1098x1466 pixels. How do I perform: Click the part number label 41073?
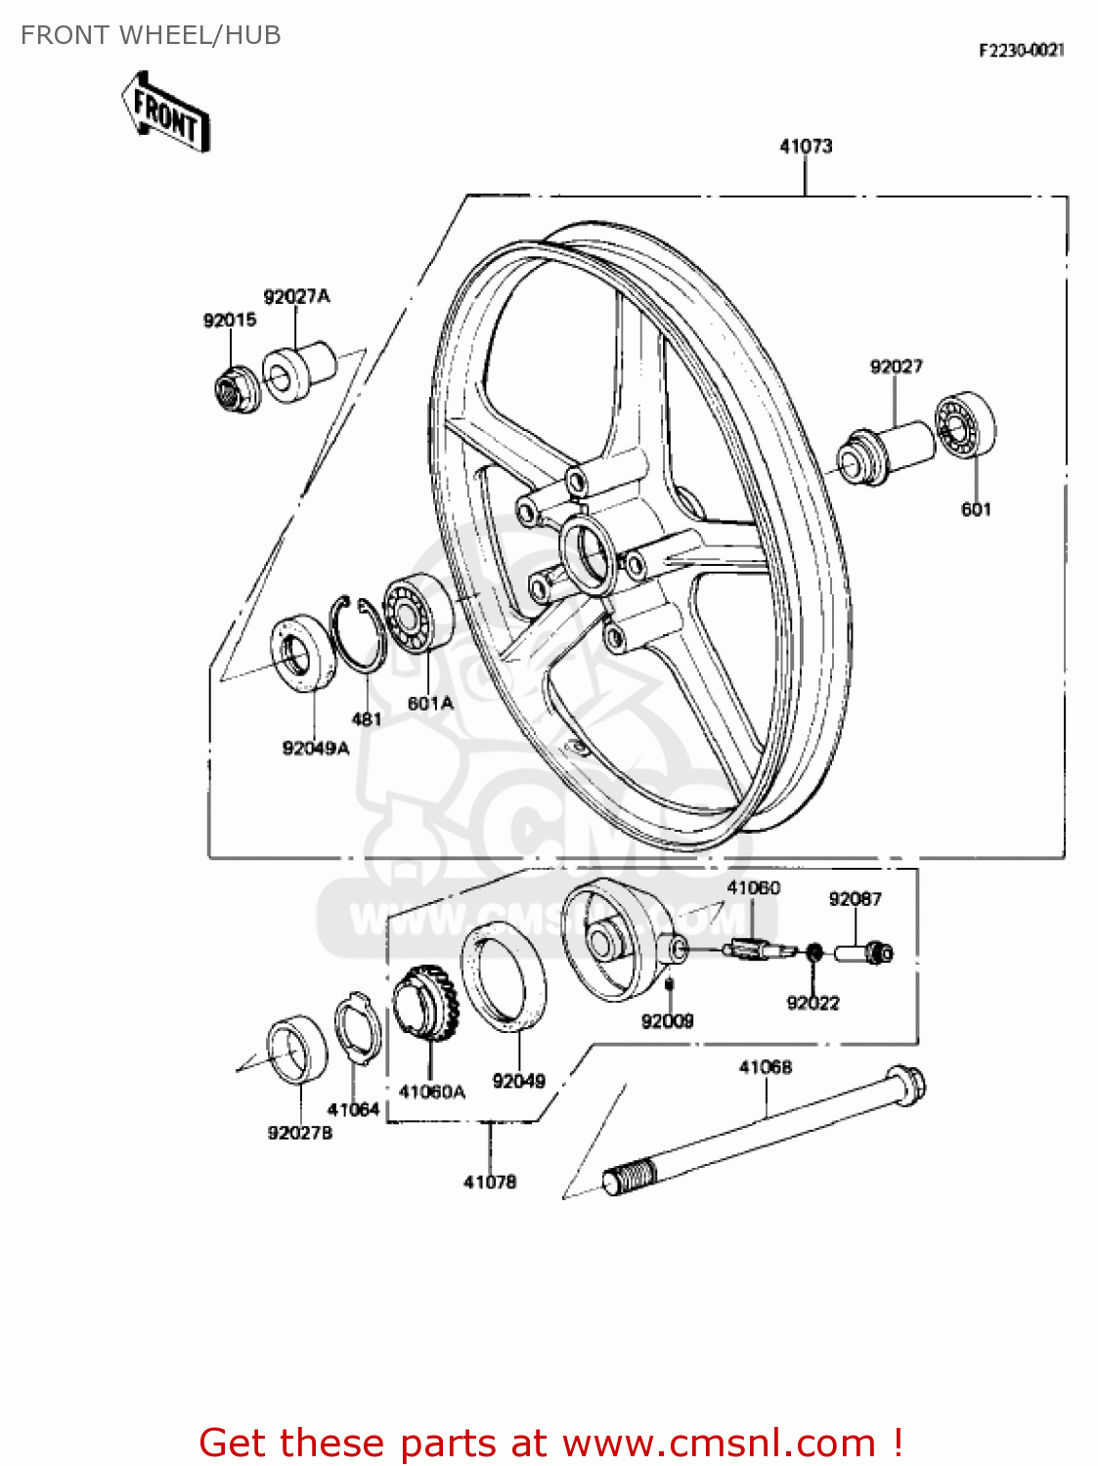click(806, 147)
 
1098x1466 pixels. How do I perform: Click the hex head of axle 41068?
click(905, 1086)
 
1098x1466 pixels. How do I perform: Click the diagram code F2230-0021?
click(1021, 50)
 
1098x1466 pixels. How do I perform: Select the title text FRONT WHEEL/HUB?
click(151, 35)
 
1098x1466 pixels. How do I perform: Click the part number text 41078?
click(490, 1182)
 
